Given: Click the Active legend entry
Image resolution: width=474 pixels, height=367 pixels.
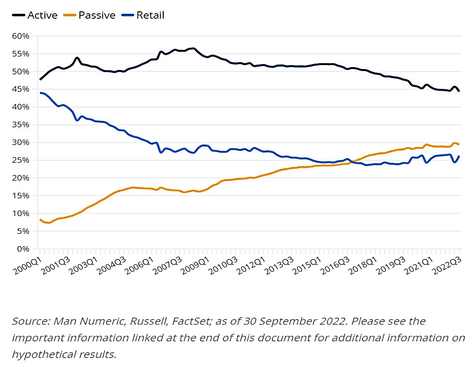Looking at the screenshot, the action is pos(35,15).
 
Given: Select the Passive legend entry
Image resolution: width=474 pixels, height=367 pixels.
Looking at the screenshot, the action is pos(89,15).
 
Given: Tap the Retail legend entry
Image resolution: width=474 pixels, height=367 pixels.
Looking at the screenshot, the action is pos(143,15).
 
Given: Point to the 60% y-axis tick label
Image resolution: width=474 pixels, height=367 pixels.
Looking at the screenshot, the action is pos(21,36).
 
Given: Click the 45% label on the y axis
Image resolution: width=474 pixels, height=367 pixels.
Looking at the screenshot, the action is pos(21,89).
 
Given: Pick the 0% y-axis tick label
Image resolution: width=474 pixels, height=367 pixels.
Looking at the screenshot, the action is pos(23,249).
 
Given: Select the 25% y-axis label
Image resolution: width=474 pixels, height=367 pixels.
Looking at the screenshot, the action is pos(21,160).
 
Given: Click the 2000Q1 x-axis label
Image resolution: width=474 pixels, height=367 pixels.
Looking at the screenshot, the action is pos(28,265).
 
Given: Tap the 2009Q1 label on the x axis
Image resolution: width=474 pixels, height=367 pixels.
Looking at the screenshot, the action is pos(196,265).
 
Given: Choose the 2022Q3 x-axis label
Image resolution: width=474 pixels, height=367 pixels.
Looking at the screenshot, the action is pos(447,265).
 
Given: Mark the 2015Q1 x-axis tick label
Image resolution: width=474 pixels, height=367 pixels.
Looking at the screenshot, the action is pos(307,265).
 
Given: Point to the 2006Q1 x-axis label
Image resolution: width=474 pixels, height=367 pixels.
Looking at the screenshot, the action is pos(140,265).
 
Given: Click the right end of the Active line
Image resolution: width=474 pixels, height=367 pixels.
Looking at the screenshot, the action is pos(459,91).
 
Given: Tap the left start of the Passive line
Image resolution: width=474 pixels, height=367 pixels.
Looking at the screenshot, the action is pos(40,220).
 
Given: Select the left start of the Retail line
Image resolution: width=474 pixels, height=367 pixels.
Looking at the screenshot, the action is pos(40,93).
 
